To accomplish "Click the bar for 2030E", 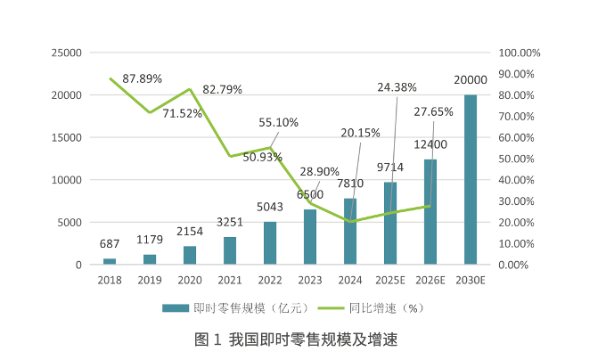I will tap(470, 179).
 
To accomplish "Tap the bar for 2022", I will tap(270, 243).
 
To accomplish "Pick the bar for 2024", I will tap(350, 232).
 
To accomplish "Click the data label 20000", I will tap(470, 80).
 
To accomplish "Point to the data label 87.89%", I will tap(143, 78).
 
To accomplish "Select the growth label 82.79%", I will tap(223, 90).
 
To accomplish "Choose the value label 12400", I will tap(430, 144).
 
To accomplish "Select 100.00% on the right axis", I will tap(520, 53).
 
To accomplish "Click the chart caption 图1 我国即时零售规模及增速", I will tap(295, 340).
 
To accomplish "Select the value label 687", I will tap(110, 244).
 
